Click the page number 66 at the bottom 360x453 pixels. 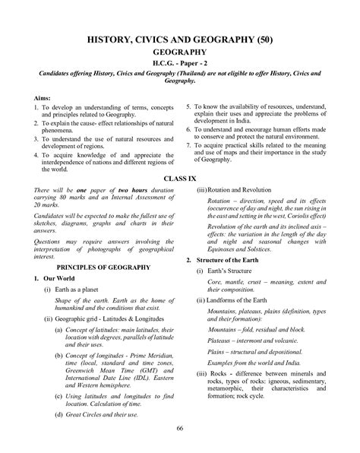click(x=180, y=429)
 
